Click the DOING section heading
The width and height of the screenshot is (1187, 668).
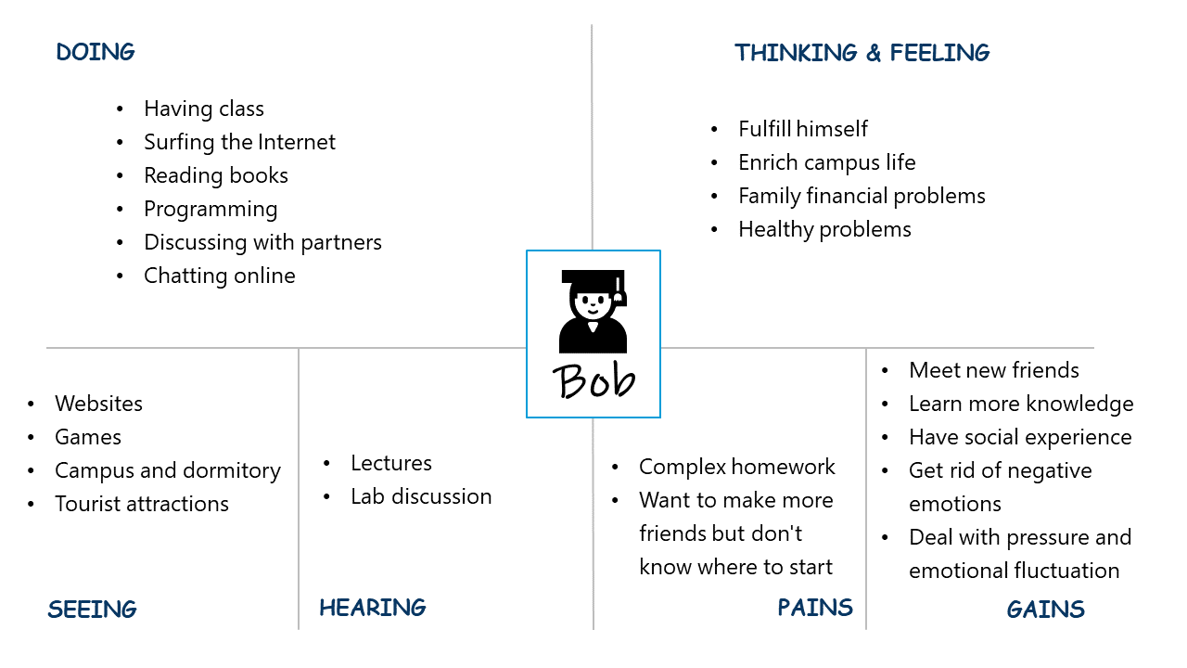pyautogui.click(x=96, y=53)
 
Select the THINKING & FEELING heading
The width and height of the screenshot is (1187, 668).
pyautogui.click(x=862, y=53)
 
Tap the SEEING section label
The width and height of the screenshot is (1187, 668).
pyautogui.click(x=92, y=610)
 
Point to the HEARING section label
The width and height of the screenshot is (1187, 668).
pyautogui.click(x=373, y=608)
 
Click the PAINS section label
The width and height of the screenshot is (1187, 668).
pyautogui.click(x=815, y=608)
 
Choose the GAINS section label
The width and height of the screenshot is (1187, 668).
pyautogui.click(x=1045, y=610)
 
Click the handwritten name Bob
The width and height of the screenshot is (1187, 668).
pyautogui.click(x=593, y=380)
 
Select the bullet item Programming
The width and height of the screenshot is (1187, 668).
pyautogui.click(x=211, y=210)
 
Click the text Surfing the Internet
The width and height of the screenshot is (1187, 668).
pyautogui.click(x=239, y=142)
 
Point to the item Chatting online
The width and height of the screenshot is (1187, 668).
pyautogui.click(x=220, y=276)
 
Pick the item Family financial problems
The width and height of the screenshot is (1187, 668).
pyautogui.click(x=862, y=196)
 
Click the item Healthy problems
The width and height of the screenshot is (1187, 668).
pyautogui.click(x=824, y=229)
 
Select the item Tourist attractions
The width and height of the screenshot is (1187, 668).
pyautogui.click(x=142, y=504)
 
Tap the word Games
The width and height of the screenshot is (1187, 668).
pyautogui.click(x=88, y=437)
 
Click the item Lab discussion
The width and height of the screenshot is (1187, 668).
pyautogui.click(x=421, y=496)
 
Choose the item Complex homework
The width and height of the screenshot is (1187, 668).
pyautogui.click(x=736, y=467)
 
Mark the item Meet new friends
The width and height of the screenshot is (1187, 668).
pyautogui.click(x=993, y=370)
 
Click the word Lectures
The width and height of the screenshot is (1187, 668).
pyautogui.click(x=391, y=463)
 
